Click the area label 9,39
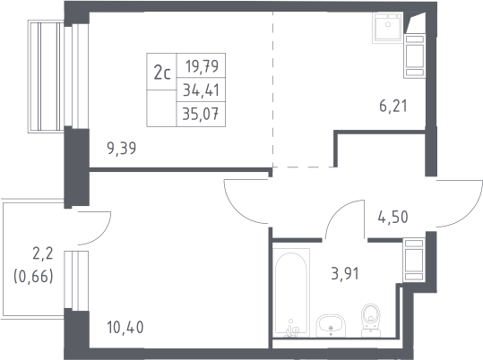pos(121,149)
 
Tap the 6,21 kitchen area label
pos(393,107)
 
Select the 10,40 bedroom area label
pos(125,327)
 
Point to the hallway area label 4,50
pos(392,217)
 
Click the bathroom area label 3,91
pos(345,273)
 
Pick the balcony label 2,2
pos(43,254)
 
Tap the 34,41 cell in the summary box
pos(201,90)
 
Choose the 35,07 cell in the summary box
pos(201,115)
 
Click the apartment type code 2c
pos(162,73)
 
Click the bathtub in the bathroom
pos(291,293)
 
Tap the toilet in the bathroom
pos(371,321)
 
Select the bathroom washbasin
pos(332,326)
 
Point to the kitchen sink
pos(387,28)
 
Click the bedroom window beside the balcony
pos(76,280)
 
